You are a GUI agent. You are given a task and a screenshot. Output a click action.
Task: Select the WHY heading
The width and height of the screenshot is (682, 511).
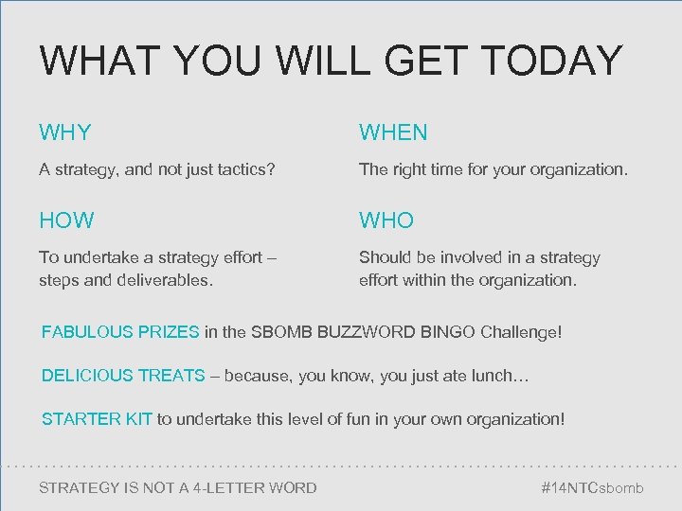tap(65, 132)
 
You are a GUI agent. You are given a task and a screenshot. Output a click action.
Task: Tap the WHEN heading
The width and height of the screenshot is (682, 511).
tap(393, 132)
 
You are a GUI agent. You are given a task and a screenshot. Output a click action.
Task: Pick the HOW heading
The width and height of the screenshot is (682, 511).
tap(66, 220)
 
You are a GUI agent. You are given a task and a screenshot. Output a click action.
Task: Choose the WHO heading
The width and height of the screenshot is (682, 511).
tap(386, 220)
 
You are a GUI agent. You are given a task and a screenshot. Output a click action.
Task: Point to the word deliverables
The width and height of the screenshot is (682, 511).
tap(166, 280)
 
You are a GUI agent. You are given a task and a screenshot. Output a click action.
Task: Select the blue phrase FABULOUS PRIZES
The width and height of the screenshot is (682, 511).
tap(120, 332)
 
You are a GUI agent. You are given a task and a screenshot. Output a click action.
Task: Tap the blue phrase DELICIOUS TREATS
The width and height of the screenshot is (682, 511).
tap(123, 376)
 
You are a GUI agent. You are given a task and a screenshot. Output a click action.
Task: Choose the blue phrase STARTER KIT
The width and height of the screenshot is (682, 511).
tap(97, 418)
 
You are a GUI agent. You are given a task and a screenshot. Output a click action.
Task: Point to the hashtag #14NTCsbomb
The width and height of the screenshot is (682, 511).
tap(592, 488)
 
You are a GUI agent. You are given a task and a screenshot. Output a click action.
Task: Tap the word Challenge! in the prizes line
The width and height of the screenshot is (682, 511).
tap(521, 332)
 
